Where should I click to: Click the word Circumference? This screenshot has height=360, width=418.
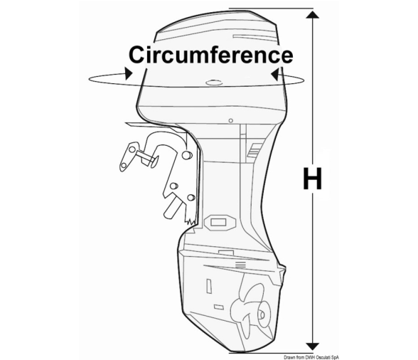(211, 55)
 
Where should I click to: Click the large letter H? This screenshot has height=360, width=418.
(312, 179)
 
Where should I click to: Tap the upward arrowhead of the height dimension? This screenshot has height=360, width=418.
(313, 14)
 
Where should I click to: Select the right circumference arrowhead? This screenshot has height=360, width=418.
(274, 74)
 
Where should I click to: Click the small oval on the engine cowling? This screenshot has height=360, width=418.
(214, 83)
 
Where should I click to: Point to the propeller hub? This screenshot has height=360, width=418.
(261, 314)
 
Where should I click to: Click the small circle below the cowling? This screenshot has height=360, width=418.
(231, 121)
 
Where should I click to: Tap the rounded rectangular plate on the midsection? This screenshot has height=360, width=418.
(220, 222)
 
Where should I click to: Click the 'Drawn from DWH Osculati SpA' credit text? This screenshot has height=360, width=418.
(311, 357)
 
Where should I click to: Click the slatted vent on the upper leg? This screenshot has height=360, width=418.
(254, 151)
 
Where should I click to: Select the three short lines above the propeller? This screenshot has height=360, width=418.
(240, 265)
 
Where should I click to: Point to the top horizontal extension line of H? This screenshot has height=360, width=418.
(271, 9)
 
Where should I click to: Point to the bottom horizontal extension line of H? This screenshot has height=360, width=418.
(271, 353)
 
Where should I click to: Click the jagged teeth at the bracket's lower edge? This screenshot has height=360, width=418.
(191, 221)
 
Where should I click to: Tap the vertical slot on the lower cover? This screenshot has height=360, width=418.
(209, 286)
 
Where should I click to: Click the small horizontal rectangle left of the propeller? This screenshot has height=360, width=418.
(219, 307)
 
